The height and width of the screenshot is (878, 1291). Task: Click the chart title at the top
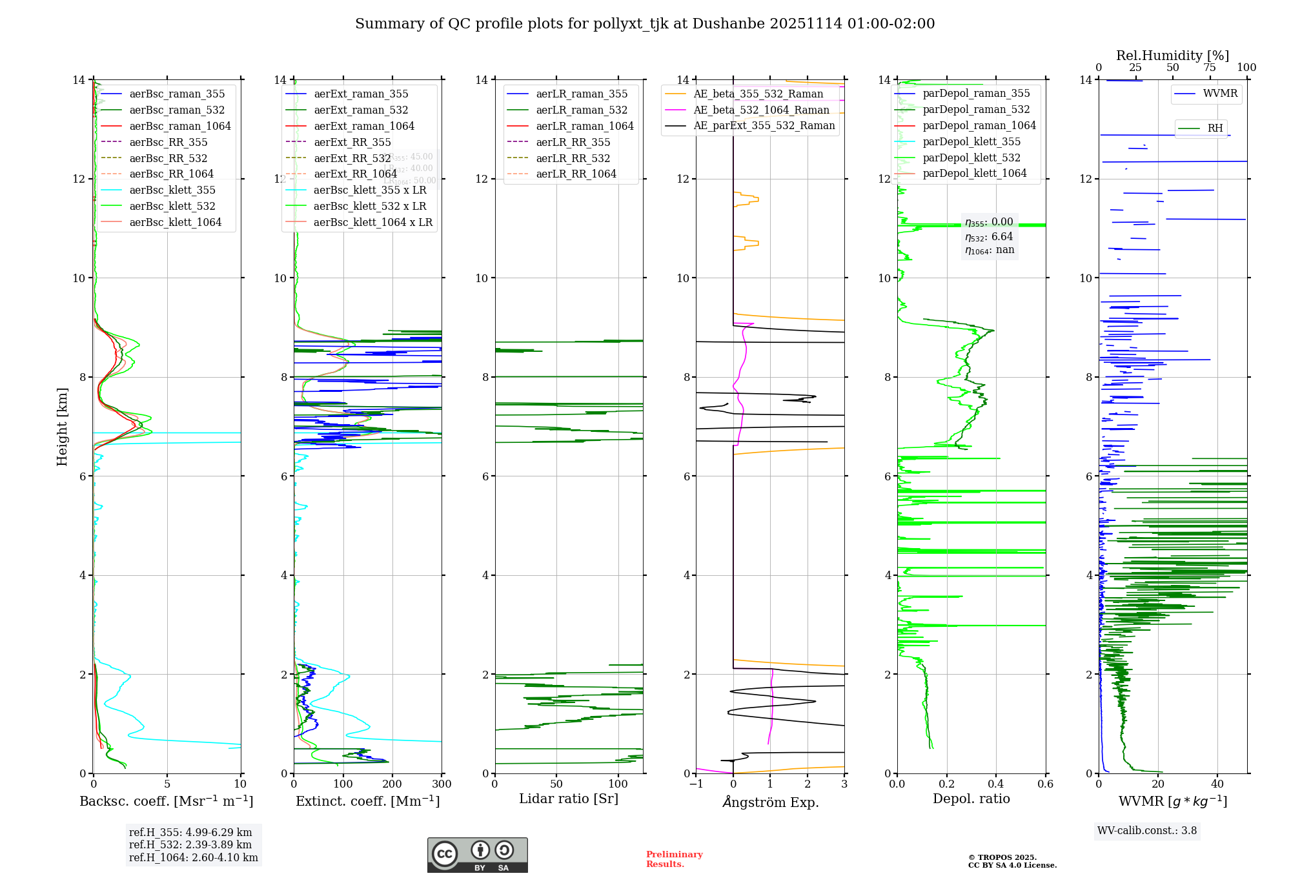645,24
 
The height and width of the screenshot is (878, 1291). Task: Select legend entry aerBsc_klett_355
172,190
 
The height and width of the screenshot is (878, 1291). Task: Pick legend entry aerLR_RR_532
573,158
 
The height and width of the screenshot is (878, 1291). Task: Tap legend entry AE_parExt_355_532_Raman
764,125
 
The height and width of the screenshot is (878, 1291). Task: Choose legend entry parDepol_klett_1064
974,173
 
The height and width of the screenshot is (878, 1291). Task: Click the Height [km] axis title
62,426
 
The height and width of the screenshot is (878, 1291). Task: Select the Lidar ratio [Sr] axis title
569,799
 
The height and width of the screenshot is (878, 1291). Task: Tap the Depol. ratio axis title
971,799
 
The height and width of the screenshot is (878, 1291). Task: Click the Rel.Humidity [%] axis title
1172,56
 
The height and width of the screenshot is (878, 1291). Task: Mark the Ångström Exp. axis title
770,802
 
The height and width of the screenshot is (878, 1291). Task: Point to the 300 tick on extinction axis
442,784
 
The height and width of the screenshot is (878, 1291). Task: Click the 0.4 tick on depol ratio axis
996,784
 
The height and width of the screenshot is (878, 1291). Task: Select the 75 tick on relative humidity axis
1210,68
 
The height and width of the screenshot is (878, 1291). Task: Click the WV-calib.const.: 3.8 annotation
1147,831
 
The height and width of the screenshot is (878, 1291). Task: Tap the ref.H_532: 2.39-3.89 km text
190,844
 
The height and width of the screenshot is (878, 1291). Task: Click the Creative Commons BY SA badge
477,855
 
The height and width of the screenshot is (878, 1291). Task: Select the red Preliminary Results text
674,859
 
